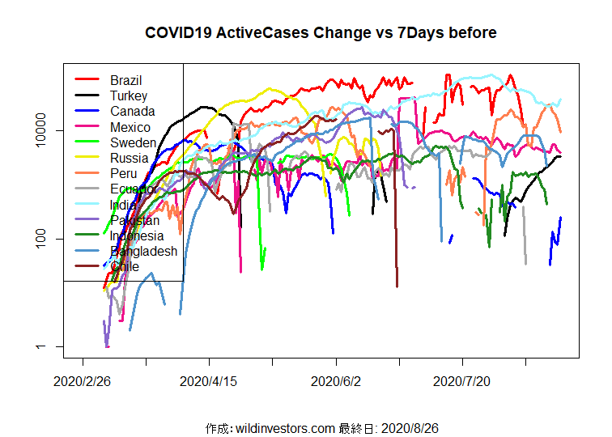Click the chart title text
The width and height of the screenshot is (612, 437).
(321, 33)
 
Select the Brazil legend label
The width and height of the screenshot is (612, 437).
(126, 80)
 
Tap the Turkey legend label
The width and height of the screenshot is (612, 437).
(129, 95)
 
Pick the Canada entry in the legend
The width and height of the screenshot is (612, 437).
(133, 112)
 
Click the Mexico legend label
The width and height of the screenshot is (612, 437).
(130, 127)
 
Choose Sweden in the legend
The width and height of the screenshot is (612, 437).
(134, 142)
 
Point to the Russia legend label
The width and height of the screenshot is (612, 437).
(130, 159)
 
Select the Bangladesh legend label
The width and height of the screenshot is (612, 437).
(144, 252)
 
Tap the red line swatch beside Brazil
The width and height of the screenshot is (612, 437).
(87, 80)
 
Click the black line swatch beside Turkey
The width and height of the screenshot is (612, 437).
(87, 95)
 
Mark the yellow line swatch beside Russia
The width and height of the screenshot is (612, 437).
(87, 159)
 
